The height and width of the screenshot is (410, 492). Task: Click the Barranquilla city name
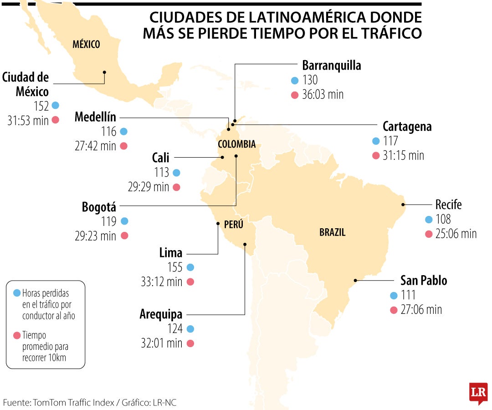tap(331, 66)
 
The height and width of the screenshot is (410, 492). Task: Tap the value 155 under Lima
tap(175, 267)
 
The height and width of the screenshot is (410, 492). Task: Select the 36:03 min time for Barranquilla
tap(323, 95)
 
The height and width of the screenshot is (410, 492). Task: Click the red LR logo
tap(478, 392)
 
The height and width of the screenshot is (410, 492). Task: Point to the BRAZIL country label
tap(332, 232)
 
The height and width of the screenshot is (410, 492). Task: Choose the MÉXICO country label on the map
tap(86, 44)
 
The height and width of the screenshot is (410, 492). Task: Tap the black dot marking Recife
tap(403, 205)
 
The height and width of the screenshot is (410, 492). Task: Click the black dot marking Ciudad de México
tap(104, 72)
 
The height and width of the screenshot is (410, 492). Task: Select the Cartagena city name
tap(407, 126)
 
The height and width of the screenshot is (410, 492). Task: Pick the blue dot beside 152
tap(56, 105)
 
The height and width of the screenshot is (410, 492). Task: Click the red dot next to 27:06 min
tap(394, 310)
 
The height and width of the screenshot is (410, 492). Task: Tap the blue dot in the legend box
tap(17, 293)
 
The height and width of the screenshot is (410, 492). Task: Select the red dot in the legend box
tap(17, 335)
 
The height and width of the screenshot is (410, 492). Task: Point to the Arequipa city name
tap(161, 314)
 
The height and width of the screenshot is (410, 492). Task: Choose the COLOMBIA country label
tap(236, 144)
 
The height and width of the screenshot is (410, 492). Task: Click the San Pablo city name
tap(423, 281)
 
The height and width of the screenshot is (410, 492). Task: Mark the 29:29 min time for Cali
tap(148, 187)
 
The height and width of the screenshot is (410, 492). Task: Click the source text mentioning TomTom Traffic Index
tap(89, 402)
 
